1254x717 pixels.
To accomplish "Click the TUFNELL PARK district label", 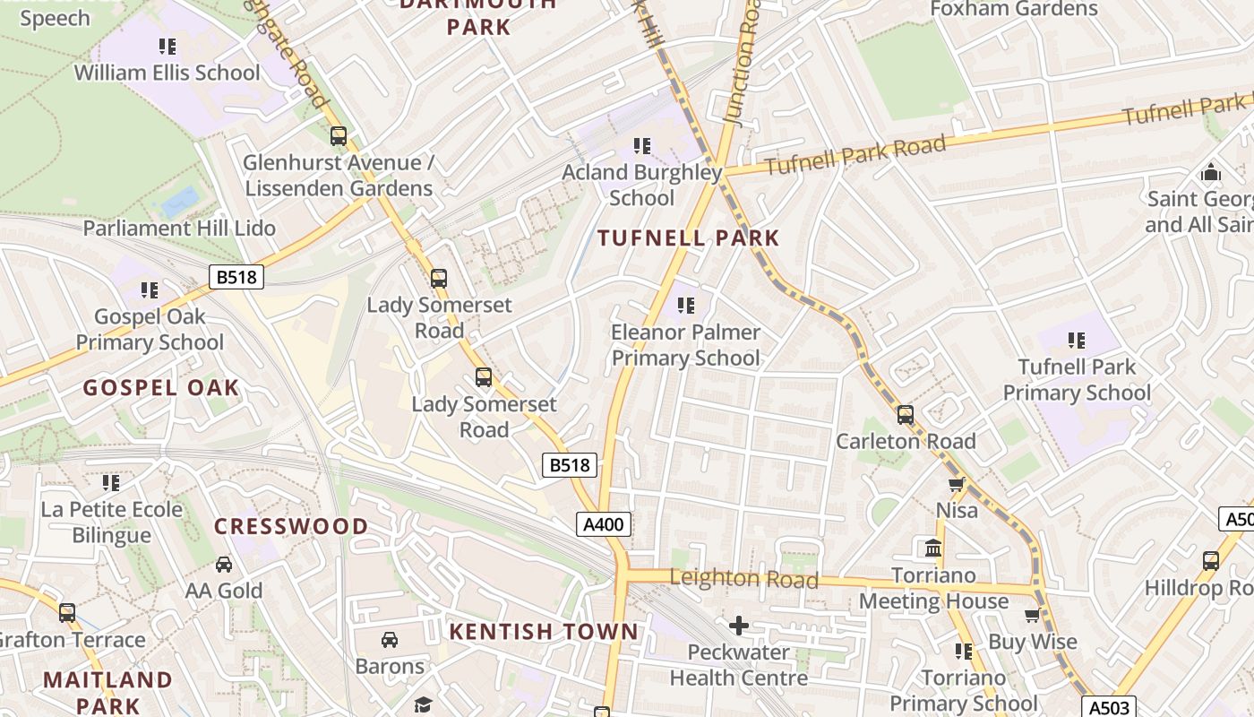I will pyautogui.click(x=688, y=238).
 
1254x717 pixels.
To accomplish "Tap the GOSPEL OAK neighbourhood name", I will pyautogui.click(x=161, y=388).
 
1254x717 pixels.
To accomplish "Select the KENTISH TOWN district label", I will pyautogui.click(x=544, y=632).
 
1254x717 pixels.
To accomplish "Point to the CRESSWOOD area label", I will pyautogui.click(x=291, y=526).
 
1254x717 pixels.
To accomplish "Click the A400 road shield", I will pyautogui.click(x=604, y=524).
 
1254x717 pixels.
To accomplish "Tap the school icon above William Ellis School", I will pyautogui.click(x=167, y=46).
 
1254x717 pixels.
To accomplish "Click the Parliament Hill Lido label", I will pyautogui.click(x=179, y=228).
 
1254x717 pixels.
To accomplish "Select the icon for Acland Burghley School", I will pyautogui.click(x=642, y=145).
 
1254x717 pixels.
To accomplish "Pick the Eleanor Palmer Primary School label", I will pyautogui.click(x=685, y=345).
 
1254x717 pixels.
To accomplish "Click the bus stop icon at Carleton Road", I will pyautogui.click(x=906, y=415).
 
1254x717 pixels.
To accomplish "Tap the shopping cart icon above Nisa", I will pyautogui.click(x=956, y=485).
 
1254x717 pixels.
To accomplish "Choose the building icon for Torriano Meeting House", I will pyautogui.click(x=933, y=548).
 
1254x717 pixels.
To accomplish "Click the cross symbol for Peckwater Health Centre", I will pyautogui.click(x=739, y=625).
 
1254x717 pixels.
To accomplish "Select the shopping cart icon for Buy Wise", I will pyautogui.click(x=1032, y=616).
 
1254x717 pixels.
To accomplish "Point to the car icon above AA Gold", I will pyautogui.click(x=224, y=565).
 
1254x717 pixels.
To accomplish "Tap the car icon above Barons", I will pyautogui.click(x=390, y=640).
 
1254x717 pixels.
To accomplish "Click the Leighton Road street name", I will pyautogui.click(x=743, y=579).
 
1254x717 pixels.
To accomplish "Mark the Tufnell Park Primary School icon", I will pyautogui.click(x=1077, y=341).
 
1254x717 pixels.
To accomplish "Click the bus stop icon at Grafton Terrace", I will pyautogui.click(x=67, y=613).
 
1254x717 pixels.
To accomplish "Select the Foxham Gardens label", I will pyautogui.click(x=1014, y=9).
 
